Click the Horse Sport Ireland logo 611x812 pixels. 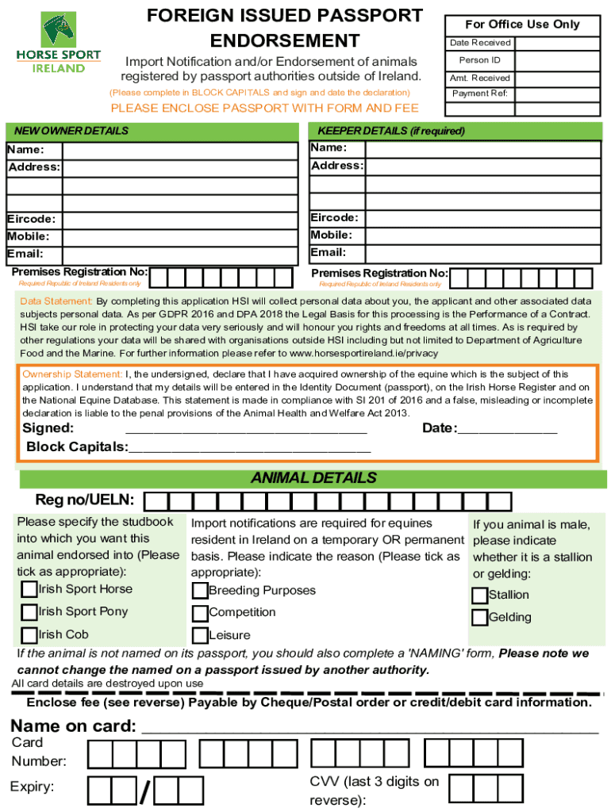coord(59,44)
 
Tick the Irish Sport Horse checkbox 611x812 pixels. coord(29,589)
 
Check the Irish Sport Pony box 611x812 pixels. coord(29,612)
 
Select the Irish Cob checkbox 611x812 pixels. coord(29,634)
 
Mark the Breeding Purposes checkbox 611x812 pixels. coord(200,592)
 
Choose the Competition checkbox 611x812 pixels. coord(200,613)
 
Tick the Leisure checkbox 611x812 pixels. coord(200,635)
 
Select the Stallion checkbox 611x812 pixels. coord(479,596)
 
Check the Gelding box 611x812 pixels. coord(479,618)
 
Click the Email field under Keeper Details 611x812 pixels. coord(483,253)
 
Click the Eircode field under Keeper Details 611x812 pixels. coord(483,218)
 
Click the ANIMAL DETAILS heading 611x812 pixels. coord(313,478)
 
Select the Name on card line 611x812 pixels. coord(369,728)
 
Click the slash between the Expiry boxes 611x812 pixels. coord(145,791)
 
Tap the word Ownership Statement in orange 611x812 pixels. coord(72,374)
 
